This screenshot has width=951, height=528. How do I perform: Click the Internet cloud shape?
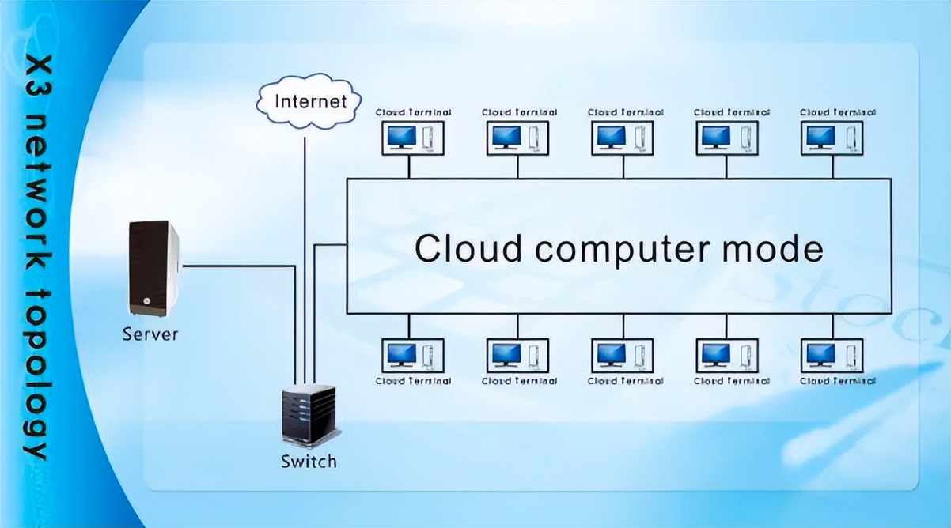click(310, 101)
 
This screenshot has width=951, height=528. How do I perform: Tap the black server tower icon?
click(153, 269)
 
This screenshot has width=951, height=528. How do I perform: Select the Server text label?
click(150, 334)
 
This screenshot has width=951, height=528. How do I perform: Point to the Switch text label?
click(309, 461)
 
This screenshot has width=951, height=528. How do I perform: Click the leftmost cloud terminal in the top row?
click(413, 138)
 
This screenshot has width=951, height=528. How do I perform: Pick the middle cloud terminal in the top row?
click(623, 138)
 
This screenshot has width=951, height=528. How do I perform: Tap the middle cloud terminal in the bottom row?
click(623, 355)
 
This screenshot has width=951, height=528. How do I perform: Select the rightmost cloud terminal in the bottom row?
click(832, 355)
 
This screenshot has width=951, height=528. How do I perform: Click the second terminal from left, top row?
click(518, 138)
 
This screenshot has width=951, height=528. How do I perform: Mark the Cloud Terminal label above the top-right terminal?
click(837, 112)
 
